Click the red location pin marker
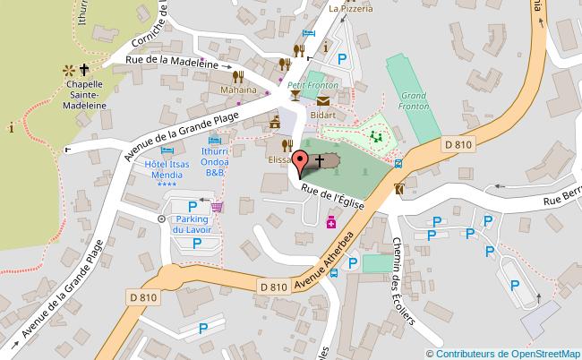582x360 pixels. pos(302,165)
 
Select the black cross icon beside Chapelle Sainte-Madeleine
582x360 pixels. pos(86,68)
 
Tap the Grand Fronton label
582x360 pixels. pos(412,100)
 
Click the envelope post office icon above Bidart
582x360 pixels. pos(321,103)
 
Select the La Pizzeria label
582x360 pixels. pos(350,10)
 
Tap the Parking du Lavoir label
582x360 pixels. pos(192,224)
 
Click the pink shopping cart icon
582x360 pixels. pos(217,207)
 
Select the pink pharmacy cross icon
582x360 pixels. pos(330,221)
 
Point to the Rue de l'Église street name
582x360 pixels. pos(332,195)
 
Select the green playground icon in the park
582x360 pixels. pos(377,138)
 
